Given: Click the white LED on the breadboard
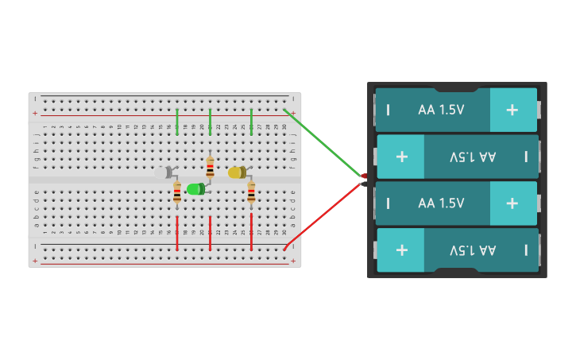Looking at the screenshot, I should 163,172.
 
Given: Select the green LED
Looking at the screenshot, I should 195,189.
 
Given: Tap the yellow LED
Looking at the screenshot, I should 236,172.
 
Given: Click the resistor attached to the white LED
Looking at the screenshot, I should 177,192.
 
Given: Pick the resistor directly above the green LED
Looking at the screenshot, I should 210,167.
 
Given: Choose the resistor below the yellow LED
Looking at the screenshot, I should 251,192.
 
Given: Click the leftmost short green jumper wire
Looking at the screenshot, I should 177,122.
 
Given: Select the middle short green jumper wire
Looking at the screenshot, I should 210,122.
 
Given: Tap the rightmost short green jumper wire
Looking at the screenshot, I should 251,122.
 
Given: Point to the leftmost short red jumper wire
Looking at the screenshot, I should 177,233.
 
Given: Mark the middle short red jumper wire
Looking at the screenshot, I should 210,233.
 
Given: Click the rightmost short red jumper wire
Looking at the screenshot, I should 251,233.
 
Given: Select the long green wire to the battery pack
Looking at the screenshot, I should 323,143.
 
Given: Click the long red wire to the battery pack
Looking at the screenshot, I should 323,215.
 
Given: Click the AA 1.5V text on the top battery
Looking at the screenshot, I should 441,110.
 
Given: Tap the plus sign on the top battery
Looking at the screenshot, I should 512,110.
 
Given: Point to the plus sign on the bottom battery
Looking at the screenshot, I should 401,250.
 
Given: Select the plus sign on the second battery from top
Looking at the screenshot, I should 401,157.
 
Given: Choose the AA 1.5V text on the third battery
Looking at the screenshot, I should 441,203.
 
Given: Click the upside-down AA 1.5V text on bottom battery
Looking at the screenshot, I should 473,250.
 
